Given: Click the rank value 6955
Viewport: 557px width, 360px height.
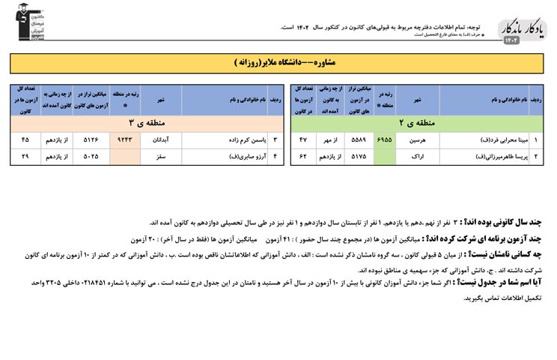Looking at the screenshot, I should [384, 139].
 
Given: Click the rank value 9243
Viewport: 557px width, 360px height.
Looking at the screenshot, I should [124, 139].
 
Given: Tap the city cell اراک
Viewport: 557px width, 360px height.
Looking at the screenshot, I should [418, 156].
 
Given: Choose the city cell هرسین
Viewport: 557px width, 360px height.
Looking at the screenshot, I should [418, 139].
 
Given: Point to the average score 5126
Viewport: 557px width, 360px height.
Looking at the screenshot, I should [91, 139].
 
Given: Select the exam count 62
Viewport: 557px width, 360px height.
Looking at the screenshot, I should [303, 156].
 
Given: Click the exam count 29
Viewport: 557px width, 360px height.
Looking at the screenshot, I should [25, 156].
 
